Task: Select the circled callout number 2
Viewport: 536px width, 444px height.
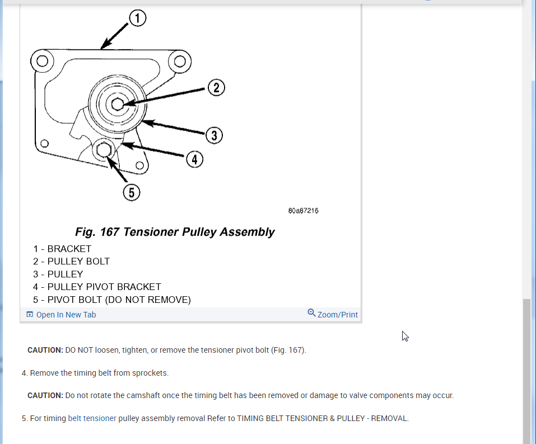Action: (x=216, y=87)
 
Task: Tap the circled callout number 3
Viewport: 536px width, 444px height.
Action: (x=213, y=135)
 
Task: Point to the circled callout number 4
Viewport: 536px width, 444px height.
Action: (x=194, y=160)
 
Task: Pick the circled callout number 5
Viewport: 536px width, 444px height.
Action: (x=131, y=193)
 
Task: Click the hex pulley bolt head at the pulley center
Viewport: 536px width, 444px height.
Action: (x=117, y=104)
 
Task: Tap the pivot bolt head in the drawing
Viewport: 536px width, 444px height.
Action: (x=102, y=151)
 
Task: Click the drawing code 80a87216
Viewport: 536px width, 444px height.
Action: (x=304, y=211)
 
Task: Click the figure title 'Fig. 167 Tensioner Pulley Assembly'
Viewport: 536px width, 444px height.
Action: (x=175, y=232)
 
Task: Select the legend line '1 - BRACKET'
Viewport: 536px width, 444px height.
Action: (x=62, y=249)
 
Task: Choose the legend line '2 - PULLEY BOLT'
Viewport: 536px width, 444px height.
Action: (x=71, y=261)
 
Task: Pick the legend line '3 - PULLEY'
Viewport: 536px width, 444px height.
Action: (x=58, y=274)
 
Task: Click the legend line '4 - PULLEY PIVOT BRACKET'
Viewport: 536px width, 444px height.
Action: (x=97, y=287)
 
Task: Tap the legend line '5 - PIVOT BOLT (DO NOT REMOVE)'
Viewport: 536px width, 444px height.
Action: (x=112, y=300)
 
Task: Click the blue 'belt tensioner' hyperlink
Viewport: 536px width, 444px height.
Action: (x=92, y=418)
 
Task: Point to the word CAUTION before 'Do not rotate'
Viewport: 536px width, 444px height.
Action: (x=45, y=395)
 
